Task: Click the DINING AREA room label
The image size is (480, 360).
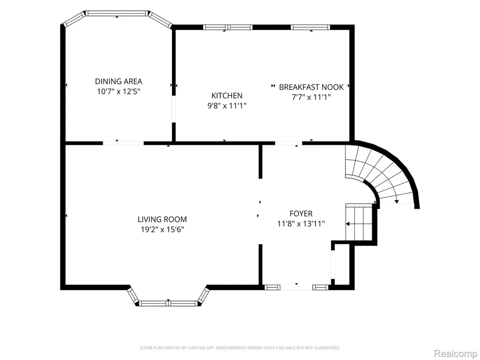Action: [x=119, y=82]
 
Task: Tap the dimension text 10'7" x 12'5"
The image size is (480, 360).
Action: [x=119, y=91]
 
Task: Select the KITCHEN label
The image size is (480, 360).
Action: [x=227, y=96]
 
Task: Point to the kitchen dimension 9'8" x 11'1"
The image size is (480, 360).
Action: [x=227, y=106]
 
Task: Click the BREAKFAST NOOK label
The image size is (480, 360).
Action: [x=311, y=87]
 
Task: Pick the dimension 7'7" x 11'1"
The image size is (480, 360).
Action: [x=311, y=97]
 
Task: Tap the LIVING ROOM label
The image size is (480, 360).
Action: [x=162, y=219]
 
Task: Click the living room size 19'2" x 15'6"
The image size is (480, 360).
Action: [x=162, y=230]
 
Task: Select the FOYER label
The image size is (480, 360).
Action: [x=301, y=214]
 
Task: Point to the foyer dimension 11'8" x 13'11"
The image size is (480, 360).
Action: [x=301, y=224]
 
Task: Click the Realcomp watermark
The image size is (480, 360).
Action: [x=456, y=353]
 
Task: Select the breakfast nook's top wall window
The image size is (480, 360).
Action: [x=310, y=27]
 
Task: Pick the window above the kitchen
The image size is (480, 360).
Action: [x=228, y=27]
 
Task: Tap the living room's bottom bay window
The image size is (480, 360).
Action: [x=168, y=303]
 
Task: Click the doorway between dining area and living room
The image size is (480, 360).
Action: [x=123, y=143]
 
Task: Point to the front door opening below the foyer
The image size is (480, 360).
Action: [x=296, y=287]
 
